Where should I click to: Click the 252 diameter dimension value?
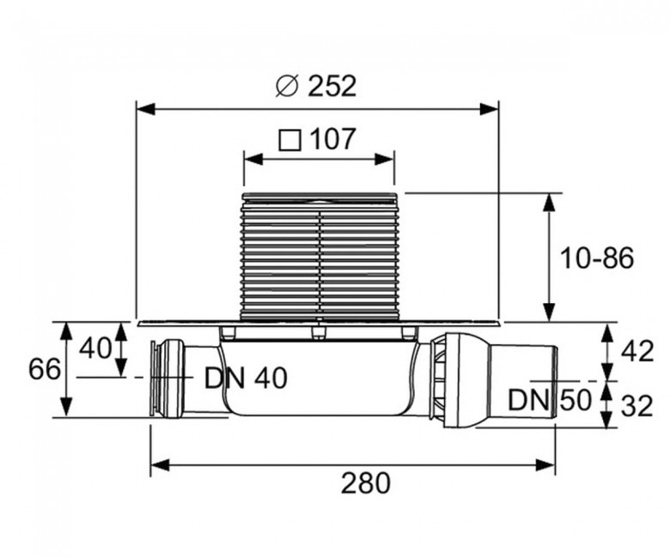[x=332, y=86]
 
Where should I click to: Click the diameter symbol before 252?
[x=286, y=86]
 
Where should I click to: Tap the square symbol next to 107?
[x=289, y=141]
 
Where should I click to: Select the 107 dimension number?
[x=332, y=139]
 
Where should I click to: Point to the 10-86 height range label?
[x=596, y=258]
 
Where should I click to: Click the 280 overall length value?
[x=366, y=482]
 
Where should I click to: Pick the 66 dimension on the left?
[x=45, y=369]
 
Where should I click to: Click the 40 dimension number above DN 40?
[x=95, y=348]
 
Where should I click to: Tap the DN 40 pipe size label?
[x=246, y=379]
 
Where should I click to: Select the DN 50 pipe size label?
[x=550, y=400]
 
